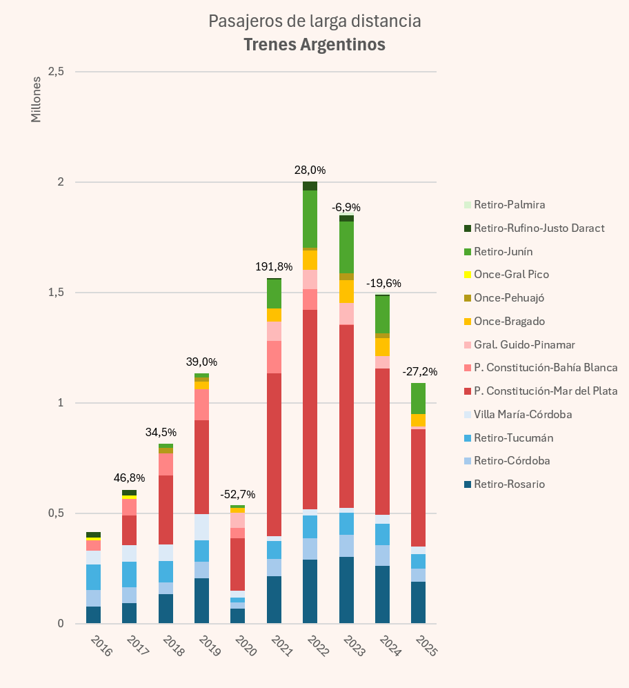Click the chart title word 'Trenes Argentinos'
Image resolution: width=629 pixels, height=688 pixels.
(x=314, y=45)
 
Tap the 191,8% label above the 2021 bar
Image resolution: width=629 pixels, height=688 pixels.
(x=274, y=266)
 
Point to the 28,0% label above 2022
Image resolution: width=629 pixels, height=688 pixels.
(x=310, y=170)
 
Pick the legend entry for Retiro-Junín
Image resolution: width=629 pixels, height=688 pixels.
(x=503, y=252)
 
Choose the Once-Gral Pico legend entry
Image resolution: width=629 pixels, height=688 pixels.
(x=511, y=275)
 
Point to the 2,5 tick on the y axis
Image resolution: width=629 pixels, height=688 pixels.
(x=56, y=72)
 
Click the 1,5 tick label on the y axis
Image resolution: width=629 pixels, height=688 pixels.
(x=56, y=293)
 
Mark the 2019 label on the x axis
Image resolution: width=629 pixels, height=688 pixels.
(x=208, y=647)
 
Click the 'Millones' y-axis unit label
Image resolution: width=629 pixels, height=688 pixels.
(x=37, y=99)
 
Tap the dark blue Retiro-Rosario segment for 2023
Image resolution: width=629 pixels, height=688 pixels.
(x=346, y=590)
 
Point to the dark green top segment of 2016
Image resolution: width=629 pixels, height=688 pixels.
(x=94, y=535)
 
